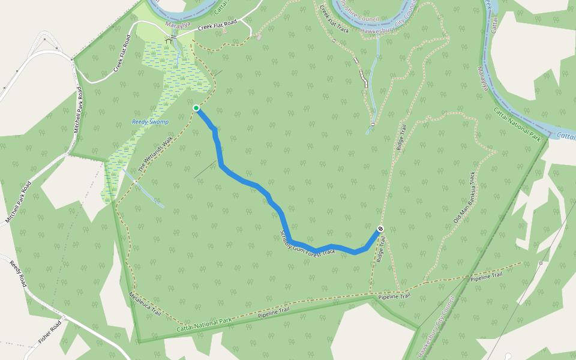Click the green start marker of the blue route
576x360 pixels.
tap(196, 108)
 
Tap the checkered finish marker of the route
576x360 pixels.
tap(380, 229)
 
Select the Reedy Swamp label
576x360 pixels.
tap(151, 122)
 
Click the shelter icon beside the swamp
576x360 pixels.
tap(173, 38)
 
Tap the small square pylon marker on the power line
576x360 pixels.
tap(541, 263)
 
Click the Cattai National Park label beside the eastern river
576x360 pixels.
tap(517, 125)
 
